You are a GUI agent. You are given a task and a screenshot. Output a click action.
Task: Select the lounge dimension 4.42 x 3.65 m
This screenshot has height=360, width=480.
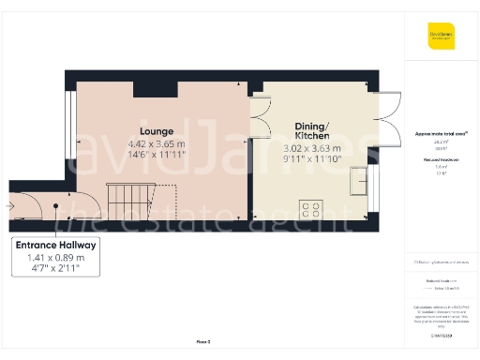[157, 144]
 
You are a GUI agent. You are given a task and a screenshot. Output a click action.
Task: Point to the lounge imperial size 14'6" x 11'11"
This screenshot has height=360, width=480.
[157, 157]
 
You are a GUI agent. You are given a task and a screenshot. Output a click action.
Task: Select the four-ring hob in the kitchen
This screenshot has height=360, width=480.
[311, 208]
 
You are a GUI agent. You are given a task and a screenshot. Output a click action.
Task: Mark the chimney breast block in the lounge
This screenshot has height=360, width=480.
[150, 88]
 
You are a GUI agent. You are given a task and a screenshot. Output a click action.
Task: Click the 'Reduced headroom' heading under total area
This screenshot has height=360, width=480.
[439, 159]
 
